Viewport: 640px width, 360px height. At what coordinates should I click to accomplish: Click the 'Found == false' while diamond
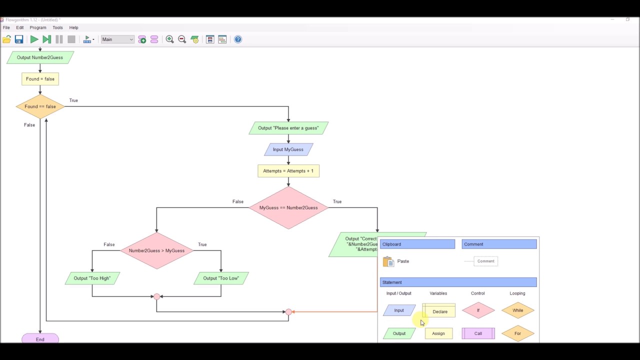tap(40, 106)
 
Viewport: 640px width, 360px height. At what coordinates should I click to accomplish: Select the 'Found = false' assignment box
tap(40, 79)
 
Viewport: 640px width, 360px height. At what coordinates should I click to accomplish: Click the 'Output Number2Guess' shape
tap(40, 57)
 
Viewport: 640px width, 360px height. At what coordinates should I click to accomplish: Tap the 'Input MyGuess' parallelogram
tap(288, 149)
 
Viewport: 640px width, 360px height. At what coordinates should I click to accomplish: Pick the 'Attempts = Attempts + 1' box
tap(288, 171)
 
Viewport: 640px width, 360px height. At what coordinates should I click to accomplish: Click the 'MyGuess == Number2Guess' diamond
tap(288, 207)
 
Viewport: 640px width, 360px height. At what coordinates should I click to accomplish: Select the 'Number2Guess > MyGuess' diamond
tap(156, 250)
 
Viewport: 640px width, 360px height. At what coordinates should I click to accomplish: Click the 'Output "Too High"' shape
tap(92, 278)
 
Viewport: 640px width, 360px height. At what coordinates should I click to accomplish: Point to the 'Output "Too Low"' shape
tap(220, 278)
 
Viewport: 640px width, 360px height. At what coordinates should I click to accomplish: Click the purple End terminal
tap(40, 339)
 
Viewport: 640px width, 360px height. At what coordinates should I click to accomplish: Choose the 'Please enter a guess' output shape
tap(288, 128)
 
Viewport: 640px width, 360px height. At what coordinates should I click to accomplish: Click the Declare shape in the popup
tap(439, 311)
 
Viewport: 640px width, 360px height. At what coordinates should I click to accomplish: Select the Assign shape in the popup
tap(438, 333)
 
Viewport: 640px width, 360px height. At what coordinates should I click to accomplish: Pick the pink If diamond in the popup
tap(478, 310)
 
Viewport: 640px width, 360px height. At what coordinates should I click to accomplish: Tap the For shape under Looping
tap(517, 333)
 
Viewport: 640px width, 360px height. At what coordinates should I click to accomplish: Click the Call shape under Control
tap(478, 333)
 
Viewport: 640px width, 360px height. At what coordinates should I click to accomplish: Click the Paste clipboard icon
tap(388, 261)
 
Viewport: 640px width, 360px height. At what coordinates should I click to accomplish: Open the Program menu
tap(38, 27)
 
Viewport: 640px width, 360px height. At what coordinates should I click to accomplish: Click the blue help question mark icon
tap(238, 39)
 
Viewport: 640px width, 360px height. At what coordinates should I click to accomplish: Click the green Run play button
tap(34, 39)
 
